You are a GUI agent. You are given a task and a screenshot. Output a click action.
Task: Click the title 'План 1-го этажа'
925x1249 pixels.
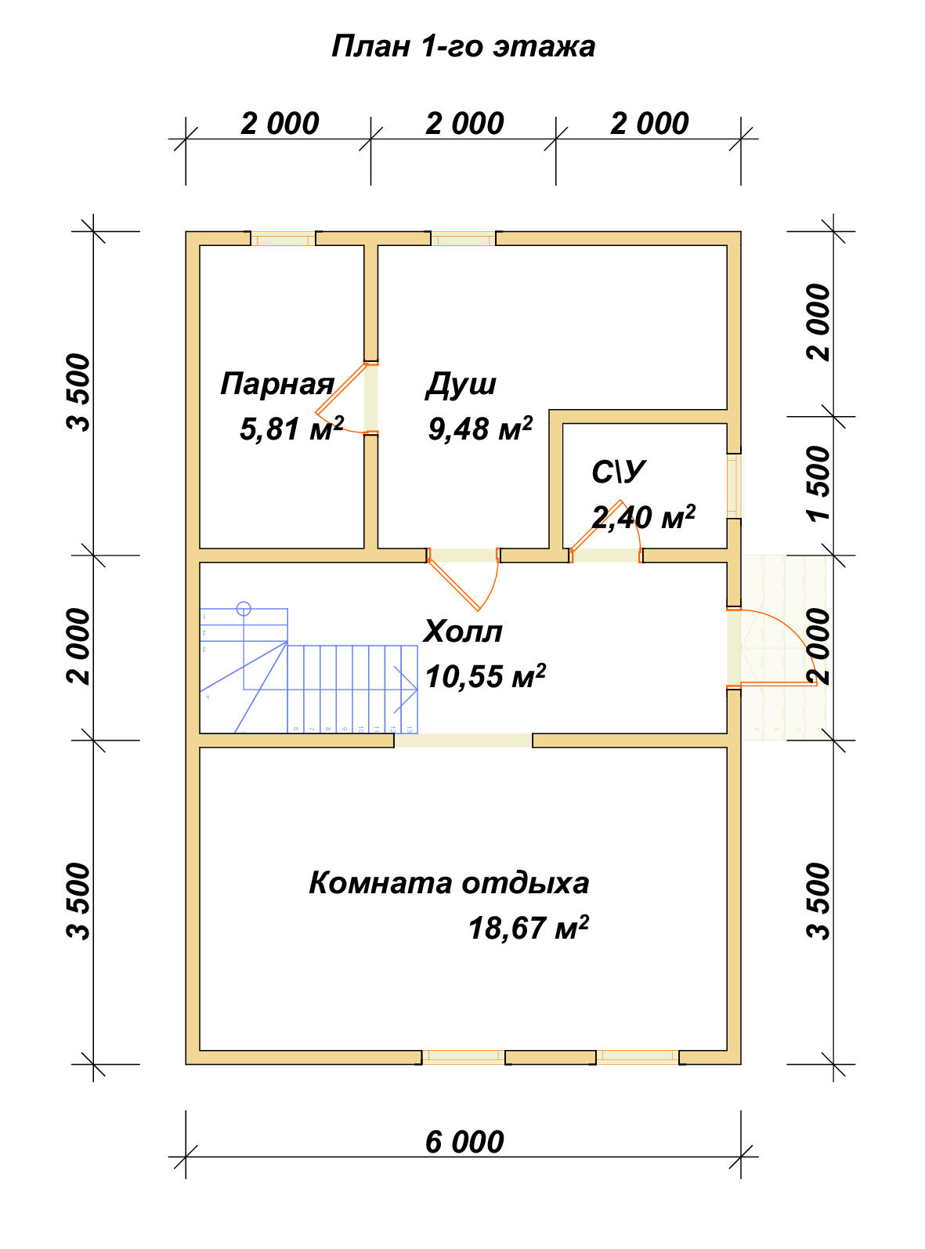point(463,47)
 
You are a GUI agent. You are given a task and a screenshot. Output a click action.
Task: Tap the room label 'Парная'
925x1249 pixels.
point(277,384)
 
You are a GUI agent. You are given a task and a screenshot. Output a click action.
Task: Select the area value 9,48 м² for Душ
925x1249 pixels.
point(480,429)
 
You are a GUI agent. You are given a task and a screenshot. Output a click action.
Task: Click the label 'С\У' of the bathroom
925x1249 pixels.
point(618,472)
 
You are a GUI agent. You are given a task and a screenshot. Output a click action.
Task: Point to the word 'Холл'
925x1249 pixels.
point(463,632)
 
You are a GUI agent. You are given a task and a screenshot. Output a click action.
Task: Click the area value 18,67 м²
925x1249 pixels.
point(528,929)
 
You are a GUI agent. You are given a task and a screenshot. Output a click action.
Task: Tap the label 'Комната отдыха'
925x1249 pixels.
point(448,883)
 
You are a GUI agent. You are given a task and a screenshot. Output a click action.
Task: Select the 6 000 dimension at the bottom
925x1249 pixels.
point(464,1142)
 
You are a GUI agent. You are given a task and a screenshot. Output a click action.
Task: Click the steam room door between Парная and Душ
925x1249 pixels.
point(345,400)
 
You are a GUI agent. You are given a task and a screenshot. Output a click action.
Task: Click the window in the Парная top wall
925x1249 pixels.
point(283,238)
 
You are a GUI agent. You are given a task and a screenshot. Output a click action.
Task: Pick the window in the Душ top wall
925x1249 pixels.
point(464,238)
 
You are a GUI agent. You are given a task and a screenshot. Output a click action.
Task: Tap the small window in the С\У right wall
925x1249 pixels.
point(734,486)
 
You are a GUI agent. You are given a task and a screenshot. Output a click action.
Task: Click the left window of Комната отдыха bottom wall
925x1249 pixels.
point(464,1057)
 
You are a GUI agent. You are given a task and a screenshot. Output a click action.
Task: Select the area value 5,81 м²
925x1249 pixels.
point(291,429)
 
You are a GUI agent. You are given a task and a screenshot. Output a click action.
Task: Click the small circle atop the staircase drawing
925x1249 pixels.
point(244,607)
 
